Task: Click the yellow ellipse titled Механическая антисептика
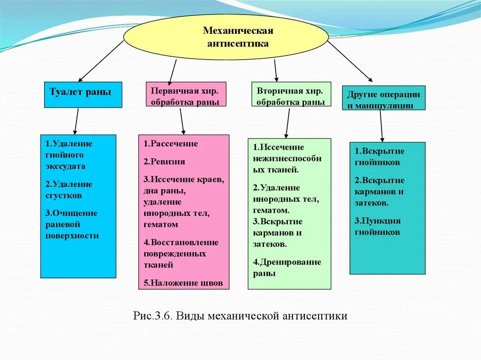point(226,37)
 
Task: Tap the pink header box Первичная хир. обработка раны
point(186,95)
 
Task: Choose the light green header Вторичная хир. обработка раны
point(291,95)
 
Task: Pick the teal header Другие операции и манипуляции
point(384,98)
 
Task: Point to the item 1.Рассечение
point(171,144)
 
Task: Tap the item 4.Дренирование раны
point(287,268)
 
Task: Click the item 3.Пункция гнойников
point(378,226)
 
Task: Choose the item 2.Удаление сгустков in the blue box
point(69,190)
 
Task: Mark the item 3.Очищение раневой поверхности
point(72,224)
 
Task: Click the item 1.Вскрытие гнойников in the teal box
point(380,157)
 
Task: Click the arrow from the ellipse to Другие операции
point(350,61)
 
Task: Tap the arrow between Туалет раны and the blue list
point(76,121)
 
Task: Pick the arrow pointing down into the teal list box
point(381,126)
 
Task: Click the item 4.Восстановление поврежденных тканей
point(181,253)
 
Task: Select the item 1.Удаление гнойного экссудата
point(69,155)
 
